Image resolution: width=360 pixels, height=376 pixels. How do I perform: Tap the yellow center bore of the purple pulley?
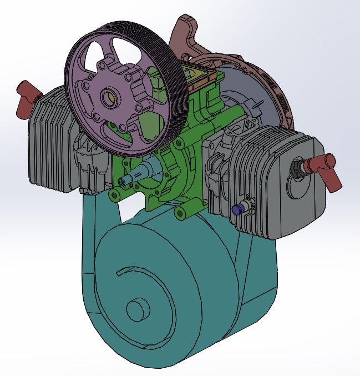click(110, 98)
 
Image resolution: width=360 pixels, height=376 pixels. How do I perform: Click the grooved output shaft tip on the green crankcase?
click(124, 181)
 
